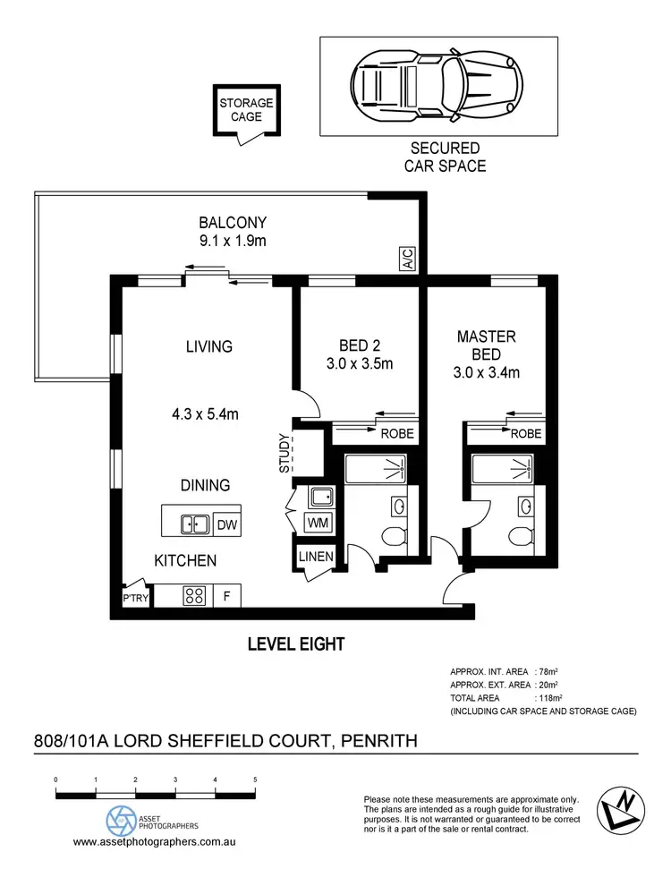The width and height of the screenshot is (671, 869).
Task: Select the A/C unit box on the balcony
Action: pos(407,260)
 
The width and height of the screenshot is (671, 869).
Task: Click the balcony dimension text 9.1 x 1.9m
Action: pos(233,241)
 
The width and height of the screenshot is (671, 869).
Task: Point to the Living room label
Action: pos(209,346)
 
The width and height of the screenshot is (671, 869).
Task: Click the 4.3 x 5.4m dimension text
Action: pos(205,413)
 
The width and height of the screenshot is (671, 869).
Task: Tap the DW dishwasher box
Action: pos(227,525)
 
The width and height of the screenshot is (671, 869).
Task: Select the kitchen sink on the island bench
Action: pos(193,525)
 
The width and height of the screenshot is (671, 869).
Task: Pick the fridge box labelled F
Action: pos(226,595)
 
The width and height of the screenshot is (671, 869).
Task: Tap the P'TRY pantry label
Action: pos(135,599)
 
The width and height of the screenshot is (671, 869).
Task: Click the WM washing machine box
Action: pos(317,522)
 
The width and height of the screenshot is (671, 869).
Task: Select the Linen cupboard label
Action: pos(317,557)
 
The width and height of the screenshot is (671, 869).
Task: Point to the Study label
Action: pos(285,453)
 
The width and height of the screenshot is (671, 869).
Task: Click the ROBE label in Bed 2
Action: pos(395,434)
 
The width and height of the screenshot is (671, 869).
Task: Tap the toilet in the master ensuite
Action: pos(519,537)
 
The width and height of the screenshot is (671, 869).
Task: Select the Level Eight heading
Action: pos(295,643)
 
